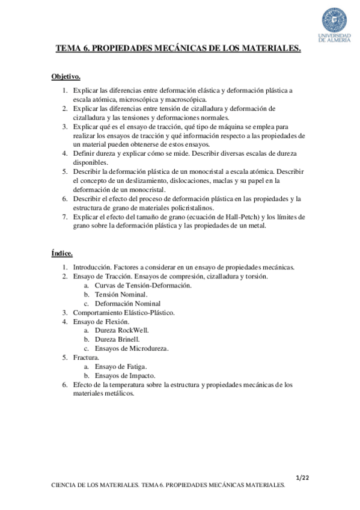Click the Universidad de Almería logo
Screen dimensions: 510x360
pyautogui.click(x=335, y=23)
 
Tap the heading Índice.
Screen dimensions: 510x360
pyautogui.click(x=61, y=254)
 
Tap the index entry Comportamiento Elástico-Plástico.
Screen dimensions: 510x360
pyautogui.click(x=123, y=312)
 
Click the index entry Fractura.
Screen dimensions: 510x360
pyautogui.click(x=86, y=357)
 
